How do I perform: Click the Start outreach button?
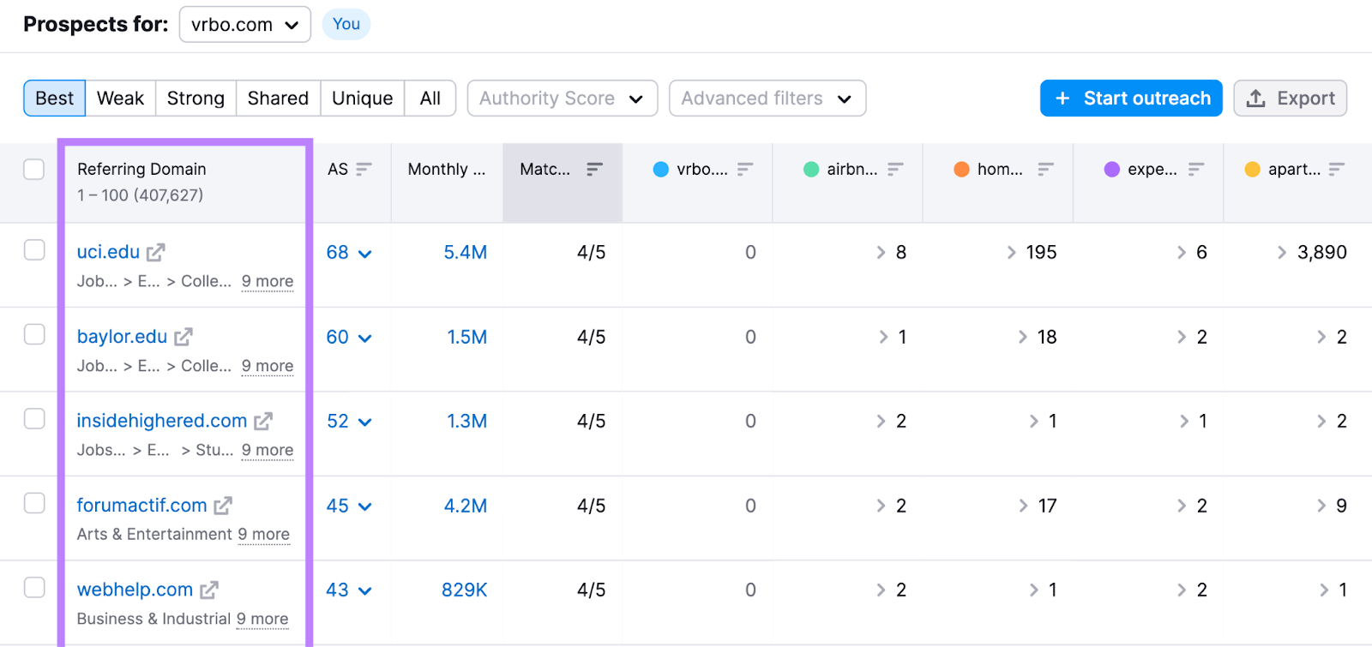pos(1130,99)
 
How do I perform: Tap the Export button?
pos(1290,99)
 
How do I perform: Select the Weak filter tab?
pos(120,99)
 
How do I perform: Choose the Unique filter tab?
pos(362,99)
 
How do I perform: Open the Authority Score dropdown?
pos(562,99)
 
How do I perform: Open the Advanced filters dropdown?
pos(767,99)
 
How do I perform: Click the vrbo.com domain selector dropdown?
pos(244,25)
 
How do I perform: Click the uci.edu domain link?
pos(108,252)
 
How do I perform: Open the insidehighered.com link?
pos(161,421)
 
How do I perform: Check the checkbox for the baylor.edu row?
pos(34,334)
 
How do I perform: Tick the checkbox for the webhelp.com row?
pos(34,587)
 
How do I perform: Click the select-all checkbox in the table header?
pos(34,169)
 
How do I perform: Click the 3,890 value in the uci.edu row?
pos(1321,252)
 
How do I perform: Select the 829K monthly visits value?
pos(464,590)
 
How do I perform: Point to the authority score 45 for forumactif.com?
pos(338,506)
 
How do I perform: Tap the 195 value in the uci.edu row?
pos(1041,252)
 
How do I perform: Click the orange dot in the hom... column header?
pos(961,170)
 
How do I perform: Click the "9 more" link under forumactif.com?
pos(264,535)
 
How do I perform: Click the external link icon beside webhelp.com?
pos(209,590)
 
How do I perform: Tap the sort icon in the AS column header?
pos(364,169)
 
